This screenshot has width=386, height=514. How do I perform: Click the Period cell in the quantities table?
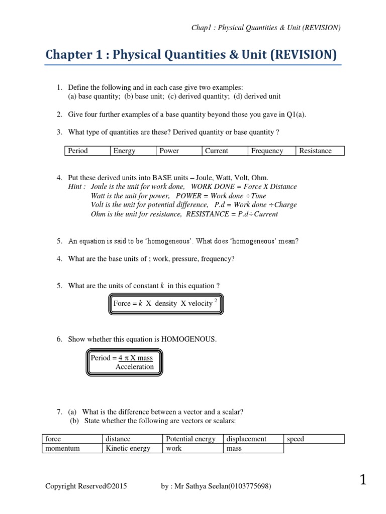click(87, 151)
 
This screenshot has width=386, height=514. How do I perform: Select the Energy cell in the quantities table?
click(132, 151)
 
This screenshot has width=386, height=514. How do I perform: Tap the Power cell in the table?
click(179, 151)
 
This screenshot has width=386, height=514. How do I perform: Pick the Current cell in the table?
click(225, 151)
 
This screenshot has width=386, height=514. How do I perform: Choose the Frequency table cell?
click(272, 151)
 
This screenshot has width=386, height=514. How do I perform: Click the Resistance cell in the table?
click(321, 151)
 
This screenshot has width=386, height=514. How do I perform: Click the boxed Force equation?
click(165, 304)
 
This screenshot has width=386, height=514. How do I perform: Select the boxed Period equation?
click(122, 362)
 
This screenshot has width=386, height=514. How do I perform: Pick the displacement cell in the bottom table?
click(253, 439)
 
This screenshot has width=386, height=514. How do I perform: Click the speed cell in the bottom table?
click(314, 439)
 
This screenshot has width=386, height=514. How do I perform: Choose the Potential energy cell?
click(193, 439)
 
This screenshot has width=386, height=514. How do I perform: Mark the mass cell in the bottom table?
click(253, 448)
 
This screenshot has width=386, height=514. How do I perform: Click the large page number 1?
click(363, 480)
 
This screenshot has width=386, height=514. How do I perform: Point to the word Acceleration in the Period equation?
click(134, 367)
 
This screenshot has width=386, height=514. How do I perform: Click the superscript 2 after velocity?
click(216, 300)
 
